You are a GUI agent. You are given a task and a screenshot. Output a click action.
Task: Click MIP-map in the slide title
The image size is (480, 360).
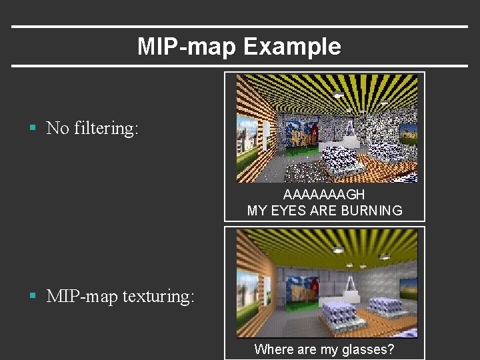(x=187, y=47)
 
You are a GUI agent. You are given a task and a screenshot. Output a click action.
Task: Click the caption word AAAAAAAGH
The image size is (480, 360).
(x=324, y=195)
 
